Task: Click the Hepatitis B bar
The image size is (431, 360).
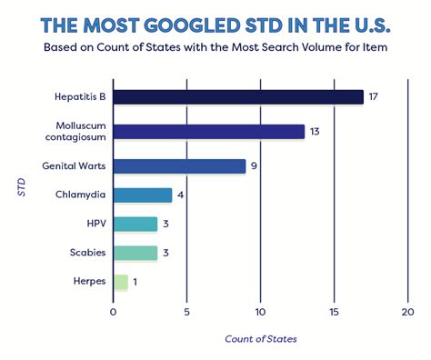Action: pyautogui.click(x=238, y=97)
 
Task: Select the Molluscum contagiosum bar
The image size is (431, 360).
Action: pyautogui.click(x=208, y=132)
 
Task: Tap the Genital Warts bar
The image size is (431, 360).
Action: pyautogui.click(x=179, y=166)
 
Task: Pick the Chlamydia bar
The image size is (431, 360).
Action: pyautogui.click(x=143, y=195)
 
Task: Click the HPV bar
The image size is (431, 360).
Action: pyautogui.click(x=135, y=225)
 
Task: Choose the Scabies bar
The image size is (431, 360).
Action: pyautogui.click(x=135, y=253)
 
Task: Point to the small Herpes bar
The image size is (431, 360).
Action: pyautogui.click(x=120, y=282)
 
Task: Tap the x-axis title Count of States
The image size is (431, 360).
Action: pyautogui.click(x=260, y=339)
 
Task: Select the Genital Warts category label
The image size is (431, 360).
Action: pyautogui.click(x=74, y=166)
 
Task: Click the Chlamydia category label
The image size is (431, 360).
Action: pyautogui.click(x=81, y=195)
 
